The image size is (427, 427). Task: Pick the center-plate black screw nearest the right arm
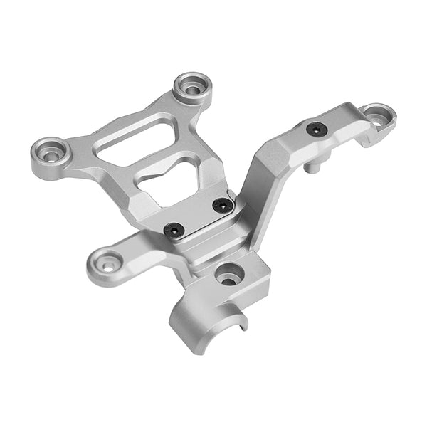pos(223,205)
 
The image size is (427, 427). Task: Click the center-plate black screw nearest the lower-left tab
pos(174,229)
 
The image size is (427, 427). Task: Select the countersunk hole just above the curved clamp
pos(228,273)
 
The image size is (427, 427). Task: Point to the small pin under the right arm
pos(312,169)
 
